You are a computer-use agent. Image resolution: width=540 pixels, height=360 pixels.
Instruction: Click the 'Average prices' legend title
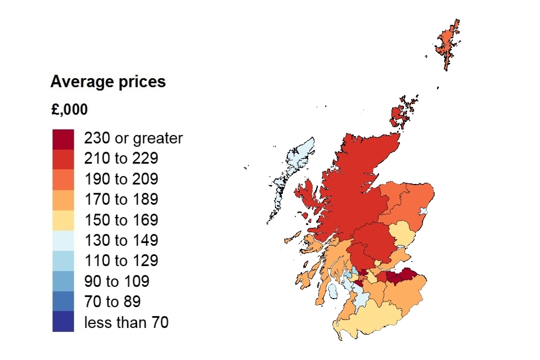(108, 82)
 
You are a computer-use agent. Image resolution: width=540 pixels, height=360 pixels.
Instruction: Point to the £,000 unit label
(69, 110)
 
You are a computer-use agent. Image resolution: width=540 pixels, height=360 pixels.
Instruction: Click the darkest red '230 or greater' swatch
(63, 139)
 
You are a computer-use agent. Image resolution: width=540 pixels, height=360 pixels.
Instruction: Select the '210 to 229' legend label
(121, 159)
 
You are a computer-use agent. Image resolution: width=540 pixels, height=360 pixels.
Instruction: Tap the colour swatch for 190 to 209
(63, 179)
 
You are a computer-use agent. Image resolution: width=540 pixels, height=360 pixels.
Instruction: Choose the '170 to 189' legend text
(121, 200)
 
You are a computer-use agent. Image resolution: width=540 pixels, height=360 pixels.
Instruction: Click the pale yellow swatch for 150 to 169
(63, 220)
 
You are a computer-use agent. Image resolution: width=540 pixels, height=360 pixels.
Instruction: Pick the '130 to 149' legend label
(121, 241)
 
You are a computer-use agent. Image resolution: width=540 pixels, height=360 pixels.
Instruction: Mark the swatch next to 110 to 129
(63, 261)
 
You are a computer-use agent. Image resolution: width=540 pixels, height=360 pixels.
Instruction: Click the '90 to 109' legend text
(116, 281)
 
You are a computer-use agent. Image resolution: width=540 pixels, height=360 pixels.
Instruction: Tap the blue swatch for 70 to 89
(63, 301)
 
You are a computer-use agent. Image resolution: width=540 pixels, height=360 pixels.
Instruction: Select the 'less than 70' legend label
(126, 322)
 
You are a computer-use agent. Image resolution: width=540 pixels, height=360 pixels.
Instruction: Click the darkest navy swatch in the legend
(63, 322)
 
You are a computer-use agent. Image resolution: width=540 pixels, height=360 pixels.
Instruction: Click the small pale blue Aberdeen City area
(424, 211)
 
